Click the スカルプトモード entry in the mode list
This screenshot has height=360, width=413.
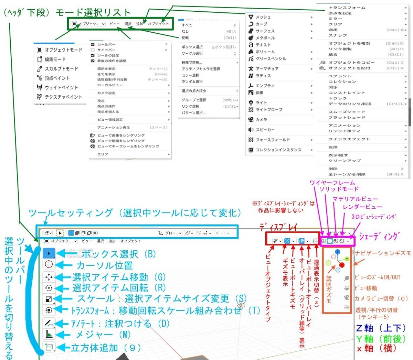click(x=61, y=69)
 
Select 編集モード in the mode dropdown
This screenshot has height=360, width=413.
click(x=55, y=59)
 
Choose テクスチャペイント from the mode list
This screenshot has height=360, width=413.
click(x=63, y=97)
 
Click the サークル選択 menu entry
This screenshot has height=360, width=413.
click(x=192, y=53)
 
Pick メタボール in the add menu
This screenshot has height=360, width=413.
click(x=265, y=38)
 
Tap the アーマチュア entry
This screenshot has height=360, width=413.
click(x=267, y=69)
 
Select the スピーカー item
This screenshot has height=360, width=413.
click(x=265, y=130)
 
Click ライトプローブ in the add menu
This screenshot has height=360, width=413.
click(x=269, y=109)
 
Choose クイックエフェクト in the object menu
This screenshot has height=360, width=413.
click(x=349, y=139)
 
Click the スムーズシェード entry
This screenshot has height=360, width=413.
click(x=347, y=112)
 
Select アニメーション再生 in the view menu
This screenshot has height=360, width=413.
click(x=114, y=128)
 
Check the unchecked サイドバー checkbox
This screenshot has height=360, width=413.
click(x=93, y=50)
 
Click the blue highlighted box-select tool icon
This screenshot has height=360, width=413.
click(x=49, y=254)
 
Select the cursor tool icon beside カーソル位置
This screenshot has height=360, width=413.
click(x=49, y=265)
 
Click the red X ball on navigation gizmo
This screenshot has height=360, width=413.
click(x=342, y=265)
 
